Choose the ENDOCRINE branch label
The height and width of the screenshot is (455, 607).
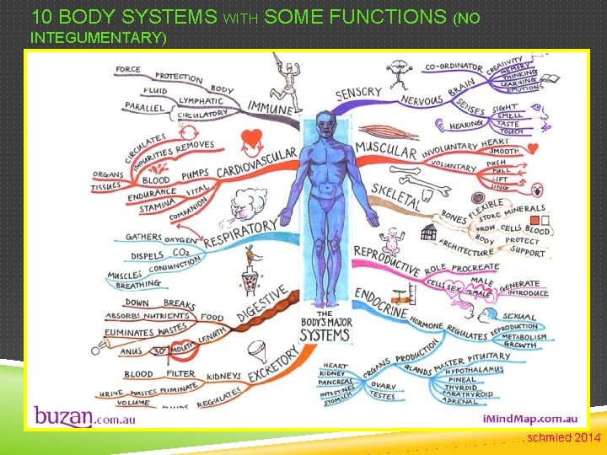[382, 302]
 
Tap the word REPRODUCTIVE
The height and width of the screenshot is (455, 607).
[385, 261]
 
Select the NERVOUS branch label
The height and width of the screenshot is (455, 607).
[422, 99]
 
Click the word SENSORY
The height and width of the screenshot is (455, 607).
[358, 93]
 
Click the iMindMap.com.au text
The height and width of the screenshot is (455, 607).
[529, 418]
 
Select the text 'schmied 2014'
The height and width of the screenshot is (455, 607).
[563, 437]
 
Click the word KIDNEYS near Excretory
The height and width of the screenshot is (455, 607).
[223, 376]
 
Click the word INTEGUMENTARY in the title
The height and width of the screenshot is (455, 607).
[99, 38]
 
